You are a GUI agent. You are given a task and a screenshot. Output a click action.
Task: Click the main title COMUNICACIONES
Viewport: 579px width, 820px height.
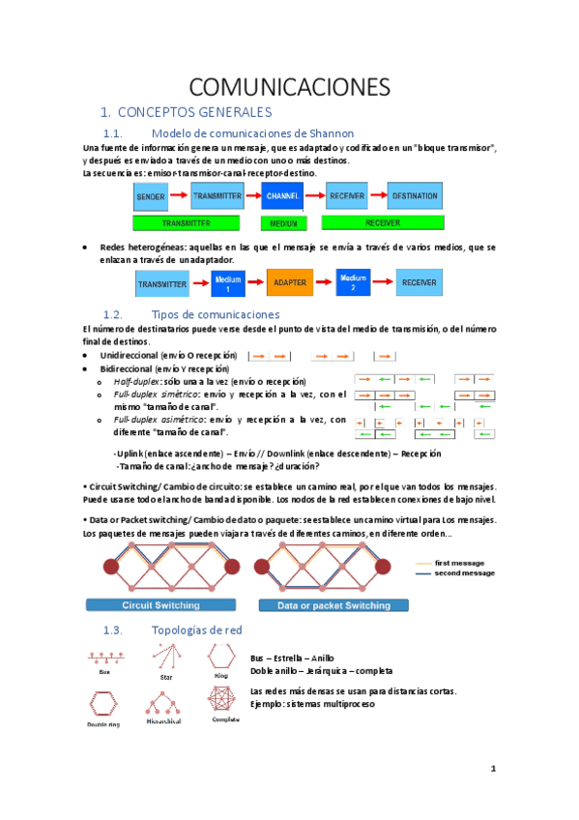click(289, 86)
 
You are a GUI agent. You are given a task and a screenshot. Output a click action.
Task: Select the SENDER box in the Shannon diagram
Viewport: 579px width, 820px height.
click(152, 196)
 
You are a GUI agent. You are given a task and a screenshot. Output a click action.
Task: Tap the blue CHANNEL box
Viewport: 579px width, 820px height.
click(282, 196)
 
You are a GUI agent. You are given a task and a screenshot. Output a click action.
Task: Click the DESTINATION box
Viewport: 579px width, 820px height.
click(415, 196)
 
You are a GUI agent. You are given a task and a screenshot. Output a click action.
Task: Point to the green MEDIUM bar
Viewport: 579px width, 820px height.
click(282, 223)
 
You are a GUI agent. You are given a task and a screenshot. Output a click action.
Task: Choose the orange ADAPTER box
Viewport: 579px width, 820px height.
click(290, 283)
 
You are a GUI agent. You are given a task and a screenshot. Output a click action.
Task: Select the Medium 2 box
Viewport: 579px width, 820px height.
click(354, 283)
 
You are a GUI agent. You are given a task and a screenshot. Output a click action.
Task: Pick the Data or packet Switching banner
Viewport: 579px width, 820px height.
click(333, 605)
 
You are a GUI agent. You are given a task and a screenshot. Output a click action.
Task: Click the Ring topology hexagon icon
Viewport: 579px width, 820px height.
click(221, 659)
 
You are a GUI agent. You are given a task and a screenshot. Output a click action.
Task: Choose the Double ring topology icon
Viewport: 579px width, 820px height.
click(103, 703)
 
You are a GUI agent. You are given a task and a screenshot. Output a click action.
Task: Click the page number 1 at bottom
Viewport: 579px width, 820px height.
click(493, 770)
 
